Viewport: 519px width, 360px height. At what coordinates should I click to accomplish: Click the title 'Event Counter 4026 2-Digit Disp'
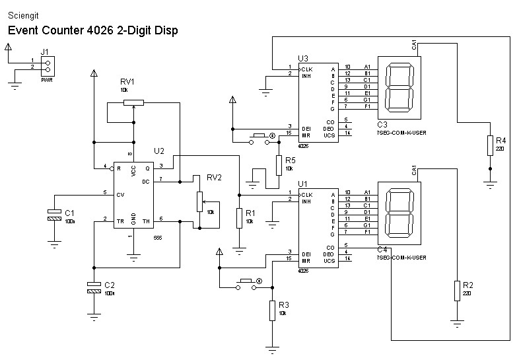click(92, 30)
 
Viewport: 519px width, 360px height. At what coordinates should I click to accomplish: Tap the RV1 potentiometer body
click(133, 102)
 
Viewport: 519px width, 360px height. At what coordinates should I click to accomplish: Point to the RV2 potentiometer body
click(199, 201)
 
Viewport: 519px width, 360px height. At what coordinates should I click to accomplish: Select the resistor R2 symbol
click(456, 291)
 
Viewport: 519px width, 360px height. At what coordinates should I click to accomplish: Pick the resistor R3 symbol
click(271, 310)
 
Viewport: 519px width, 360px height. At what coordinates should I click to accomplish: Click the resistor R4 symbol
click(489, 145)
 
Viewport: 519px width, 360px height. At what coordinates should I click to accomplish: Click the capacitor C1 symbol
click(53, 215)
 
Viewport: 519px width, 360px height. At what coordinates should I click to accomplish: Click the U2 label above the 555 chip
click(158, 151)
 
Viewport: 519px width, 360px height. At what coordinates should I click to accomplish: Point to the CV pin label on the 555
click(120, 194)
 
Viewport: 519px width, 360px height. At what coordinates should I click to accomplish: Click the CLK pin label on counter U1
click(307, 195)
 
